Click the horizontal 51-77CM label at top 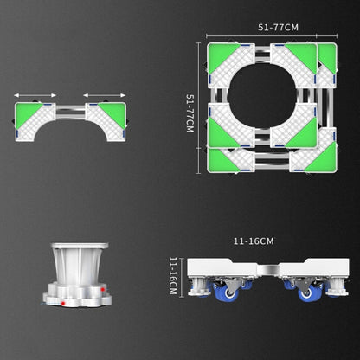[x=272, y=29]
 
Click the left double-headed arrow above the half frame [x=35, y=96]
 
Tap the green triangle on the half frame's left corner [x=28, y=112]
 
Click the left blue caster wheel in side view [x=230, y=293]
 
